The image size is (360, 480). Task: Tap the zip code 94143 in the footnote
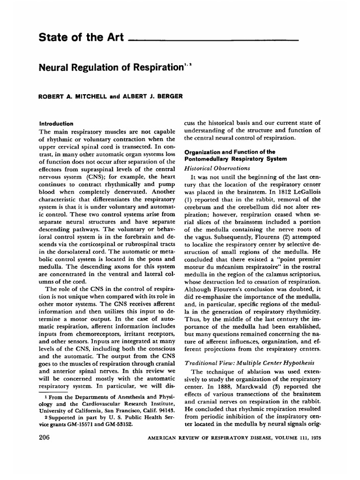(159, 409)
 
